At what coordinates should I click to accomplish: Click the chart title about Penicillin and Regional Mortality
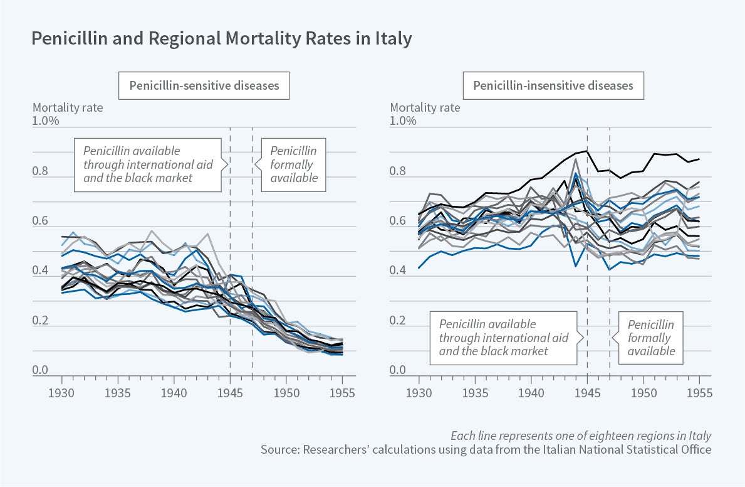pos(222,39)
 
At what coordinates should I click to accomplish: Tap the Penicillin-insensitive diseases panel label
pos(553,85)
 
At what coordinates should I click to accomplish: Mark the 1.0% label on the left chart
pos(46,120)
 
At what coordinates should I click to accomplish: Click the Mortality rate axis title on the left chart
pos(68,107)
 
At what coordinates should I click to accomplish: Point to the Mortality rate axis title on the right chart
pos(425,107)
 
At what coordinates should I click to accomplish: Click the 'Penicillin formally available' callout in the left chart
pos(293,164)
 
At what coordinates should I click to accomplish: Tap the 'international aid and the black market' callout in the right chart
pos(503,338)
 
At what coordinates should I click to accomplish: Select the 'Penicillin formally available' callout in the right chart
pos(651,338)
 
